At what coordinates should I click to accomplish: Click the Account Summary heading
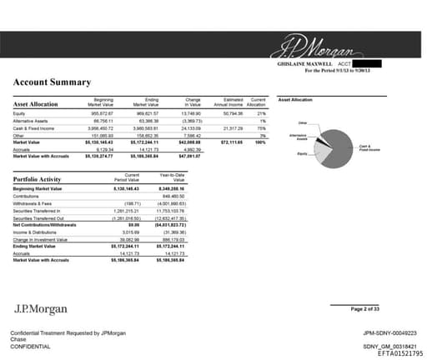[52, 82]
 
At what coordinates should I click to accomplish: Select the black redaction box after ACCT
[366, 63]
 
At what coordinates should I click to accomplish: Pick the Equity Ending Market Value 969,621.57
[145, 112]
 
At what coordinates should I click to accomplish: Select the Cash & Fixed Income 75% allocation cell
[261, 128]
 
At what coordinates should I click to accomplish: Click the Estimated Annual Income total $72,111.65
[228, 142]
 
